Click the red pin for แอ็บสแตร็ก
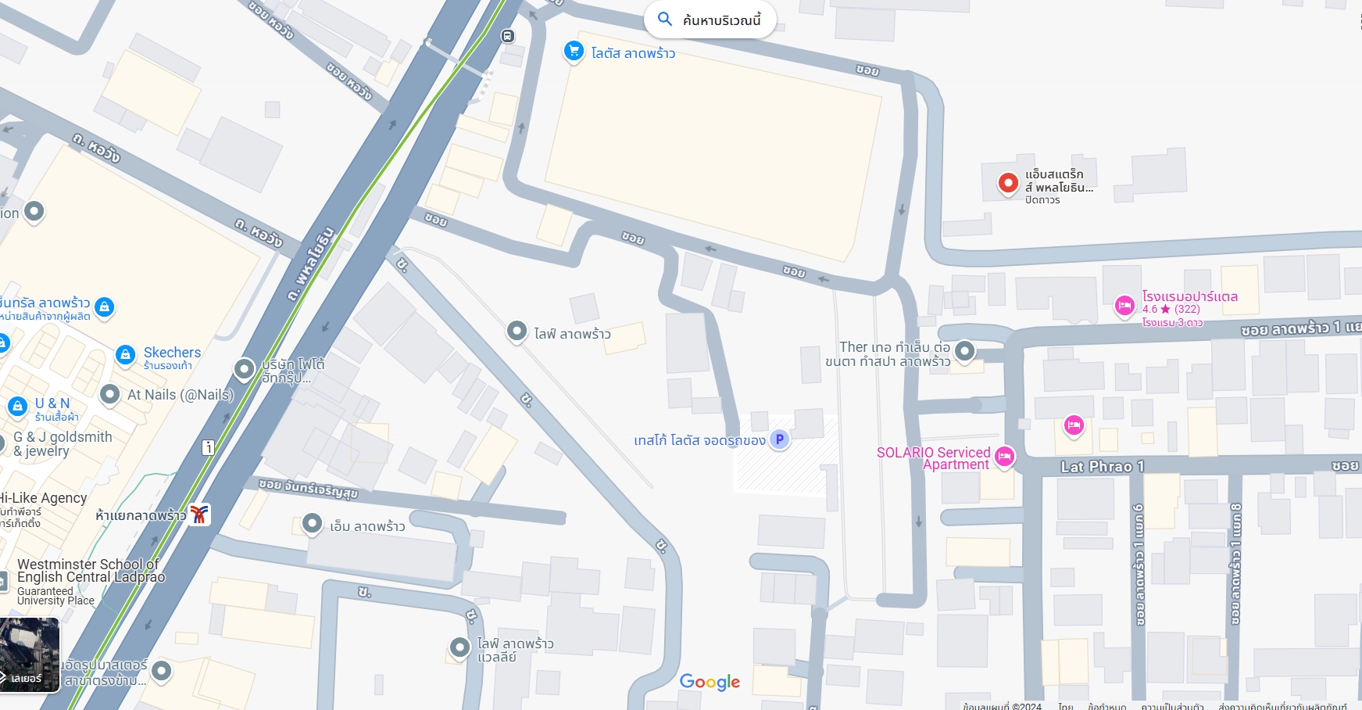point(1008,183)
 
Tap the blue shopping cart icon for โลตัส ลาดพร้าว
point(574,52)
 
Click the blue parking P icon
point(779,439)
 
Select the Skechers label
point(172,353)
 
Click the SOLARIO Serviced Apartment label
point(934,458)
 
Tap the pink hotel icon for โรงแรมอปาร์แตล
point(1124,306)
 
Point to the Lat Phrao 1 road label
point(1102,467)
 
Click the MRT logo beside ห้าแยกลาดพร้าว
point(200,515)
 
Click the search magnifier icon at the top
point(665,20)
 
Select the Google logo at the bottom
point(710,682)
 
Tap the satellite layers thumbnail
point(30,655)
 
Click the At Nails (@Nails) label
point(181,395)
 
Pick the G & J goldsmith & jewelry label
point(63,443)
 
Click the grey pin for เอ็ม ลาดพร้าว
point(313,524)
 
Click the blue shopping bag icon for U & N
point(18,407)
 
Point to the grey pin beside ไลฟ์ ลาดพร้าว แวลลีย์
point(459,647)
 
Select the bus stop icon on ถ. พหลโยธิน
point(508,36)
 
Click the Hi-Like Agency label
point(44,498)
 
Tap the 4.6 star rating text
point(1171,309)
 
